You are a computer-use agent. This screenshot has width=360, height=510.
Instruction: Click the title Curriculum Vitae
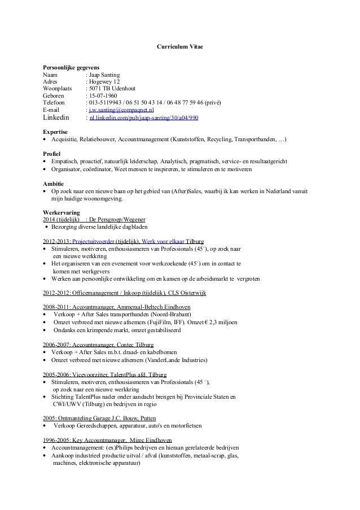tap(179, 45)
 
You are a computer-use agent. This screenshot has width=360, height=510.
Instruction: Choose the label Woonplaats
tap(58, 89)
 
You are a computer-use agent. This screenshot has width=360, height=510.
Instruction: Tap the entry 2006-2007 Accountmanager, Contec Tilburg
tap(98, 345)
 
